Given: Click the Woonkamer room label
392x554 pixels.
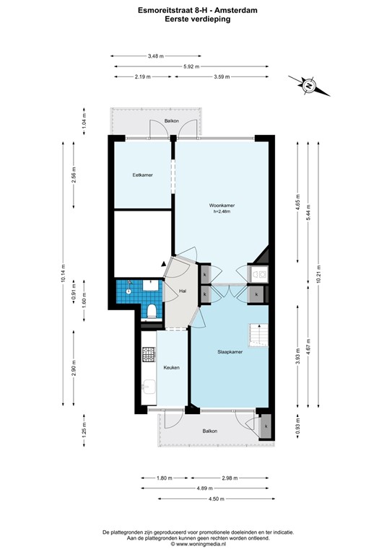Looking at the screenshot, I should pyautogui.click(x=223, y=206).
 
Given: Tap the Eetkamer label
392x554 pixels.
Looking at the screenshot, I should pyautogui.click(x=142, y=175).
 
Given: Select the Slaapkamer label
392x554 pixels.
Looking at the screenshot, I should pyautogui.click(x=230, y=352).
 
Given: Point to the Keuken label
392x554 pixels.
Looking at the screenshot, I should pyautogui.click(x=171, y=367).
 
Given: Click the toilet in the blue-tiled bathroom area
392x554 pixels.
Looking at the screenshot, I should pyautogui.click(x=152, y=311).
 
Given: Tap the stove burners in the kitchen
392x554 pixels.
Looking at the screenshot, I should pyautogui.click(x=149, y=354).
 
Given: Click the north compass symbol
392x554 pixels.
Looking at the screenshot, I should pyautogui.click(x=308, y=86).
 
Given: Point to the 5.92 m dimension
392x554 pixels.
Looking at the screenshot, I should pyautogui.click(x=191, y=66).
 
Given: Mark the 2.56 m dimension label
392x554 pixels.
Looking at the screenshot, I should pyautogui.click(x=73, y=175).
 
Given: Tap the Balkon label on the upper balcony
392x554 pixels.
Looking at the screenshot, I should pyautogui.click(x=172, y=120).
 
